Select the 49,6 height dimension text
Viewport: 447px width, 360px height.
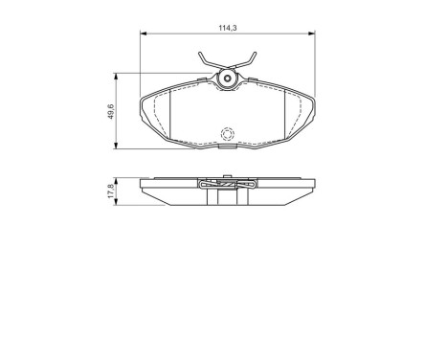(x=111, y=112)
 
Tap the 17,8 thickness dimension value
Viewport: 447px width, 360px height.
(x=111, y=191)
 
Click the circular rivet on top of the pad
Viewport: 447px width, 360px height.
(x=228, y=79)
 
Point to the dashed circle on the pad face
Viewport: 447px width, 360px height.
(x=228, y=134)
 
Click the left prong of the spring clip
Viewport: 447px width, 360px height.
(x=202, y=60)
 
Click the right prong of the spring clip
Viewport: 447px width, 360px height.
(x=254, y=60)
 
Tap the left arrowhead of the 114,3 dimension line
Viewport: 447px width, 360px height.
(x=144, y=35)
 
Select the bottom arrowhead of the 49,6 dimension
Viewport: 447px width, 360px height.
(x=118, y=146)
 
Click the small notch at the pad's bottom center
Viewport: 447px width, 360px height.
(x=228, y=148)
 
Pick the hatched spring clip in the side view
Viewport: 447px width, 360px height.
(x=228, y=186)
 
